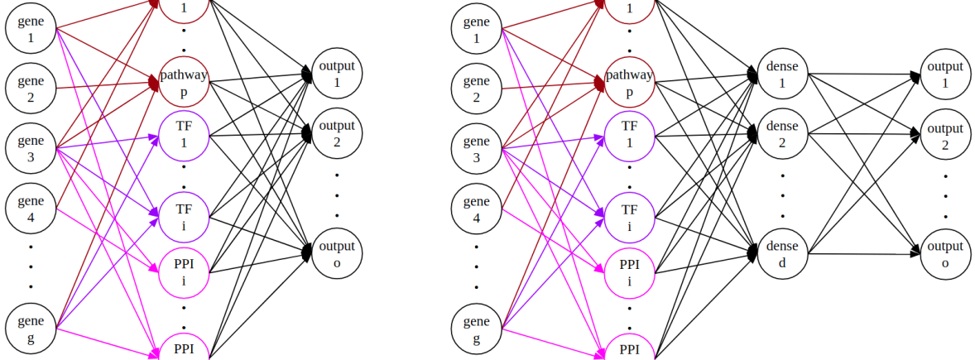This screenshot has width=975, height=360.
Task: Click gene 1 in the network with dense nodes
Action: (477, 30)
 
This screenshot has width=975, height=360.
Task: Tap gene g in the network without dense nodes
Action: (31, 329)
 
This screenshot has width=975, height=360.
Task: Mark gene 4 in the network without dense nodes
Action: (31, 209)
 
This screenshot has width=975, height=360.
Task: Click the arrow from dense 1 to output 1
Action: (861, 74)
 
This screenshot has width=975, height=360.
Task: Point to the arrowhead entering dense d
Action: (753, 250)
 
